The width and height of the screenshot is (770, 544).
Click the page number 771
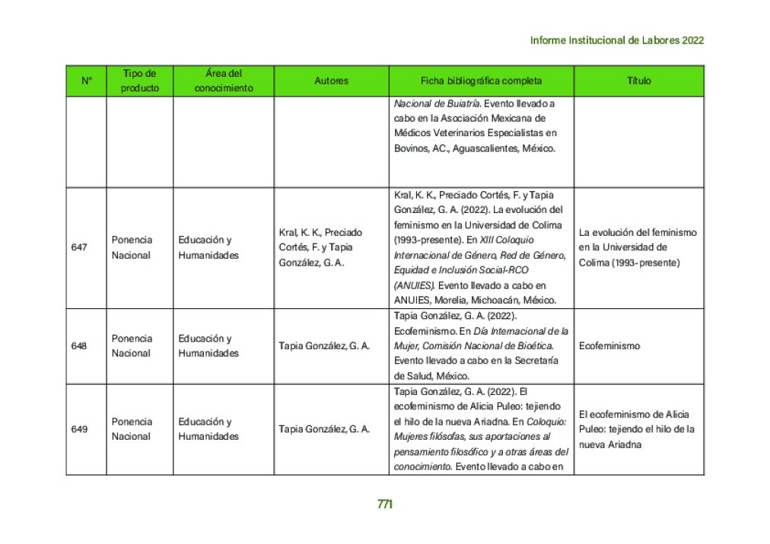click(384, 504)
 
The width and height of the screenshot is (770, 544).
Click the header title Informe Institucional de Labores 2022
click(616, 40)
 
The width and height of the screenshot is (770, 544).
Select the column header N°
click(86, 81)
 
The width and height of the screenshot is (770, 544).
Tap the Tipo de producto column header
click(139, 81)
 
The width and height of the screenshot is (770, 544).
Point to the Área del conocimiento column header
click(224, 81)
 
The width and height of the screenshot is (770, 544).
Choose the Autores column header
click(331, 81)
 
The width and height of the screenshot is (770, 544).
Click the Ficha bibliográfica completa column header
click(481, 81)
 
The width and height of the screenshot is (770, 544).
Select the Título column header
click(638, 81)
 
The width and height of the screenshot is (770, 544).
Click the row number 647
click(79, 247)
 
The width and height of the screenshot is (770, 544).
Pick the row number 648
click(79, 346)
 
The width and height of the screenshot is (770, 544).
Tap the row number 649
click(79, 429)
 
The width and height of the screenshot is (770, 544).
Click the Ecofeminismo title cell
click(609, 346)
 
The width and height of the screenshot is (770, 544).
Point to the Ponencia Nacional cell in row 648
click(132, 346)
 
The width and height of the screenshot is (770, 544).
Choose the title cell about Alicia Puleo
click(637, 429)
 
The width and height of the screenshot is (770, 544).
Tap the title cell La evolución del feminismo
click(637, 247)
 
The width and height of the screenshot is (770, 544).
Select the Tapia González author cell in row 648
click(324, 346)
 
